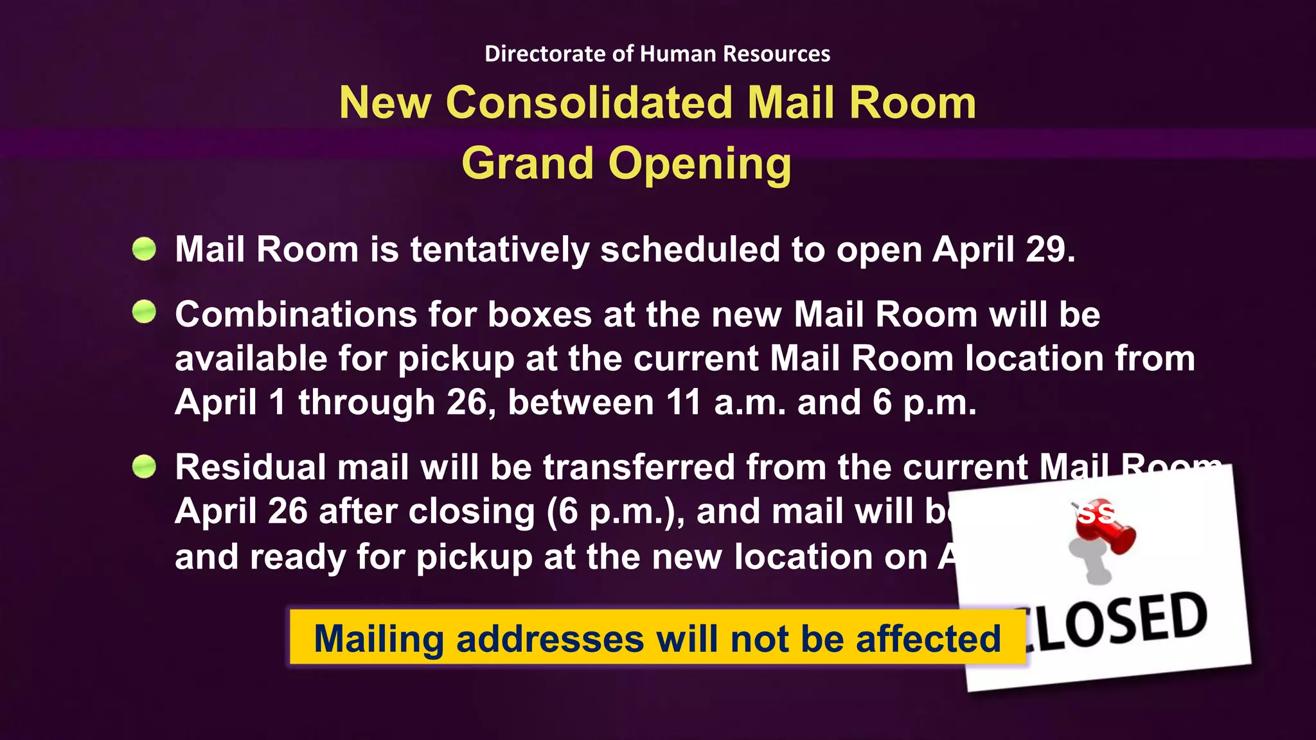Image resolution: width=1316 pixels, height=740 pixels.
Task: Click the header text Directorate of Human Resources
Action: click(x=657, y=53)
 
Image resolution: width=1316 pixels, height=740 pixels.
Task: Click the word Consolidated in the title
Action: click(x=589, y=103)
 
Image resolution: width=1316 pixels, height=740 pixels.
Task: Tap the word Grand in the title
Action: click(x=527, y=163)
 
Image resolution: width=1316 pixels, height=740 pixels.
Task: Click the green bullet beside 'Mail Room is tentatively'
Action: click(x=144, y=249)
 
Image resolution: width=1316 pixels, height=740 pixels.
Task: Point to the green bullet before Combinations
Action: click(x=144, y=312)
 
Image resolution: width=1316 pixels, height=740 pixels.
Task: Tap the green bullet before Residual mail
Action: click(x=144, y=466)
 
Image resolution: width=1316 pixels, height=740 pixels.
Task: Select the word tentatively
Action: click(x=499, y=250)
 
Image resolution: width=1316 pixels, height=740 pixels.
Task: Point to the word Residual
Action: click(x=251, y=467)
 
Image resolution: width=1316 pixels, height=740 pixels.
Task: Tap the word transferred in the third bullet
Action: click(x=639, y=467)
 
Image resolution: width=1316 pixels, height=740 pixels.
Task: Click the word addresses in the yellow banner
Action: click(x=549, y=639)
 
